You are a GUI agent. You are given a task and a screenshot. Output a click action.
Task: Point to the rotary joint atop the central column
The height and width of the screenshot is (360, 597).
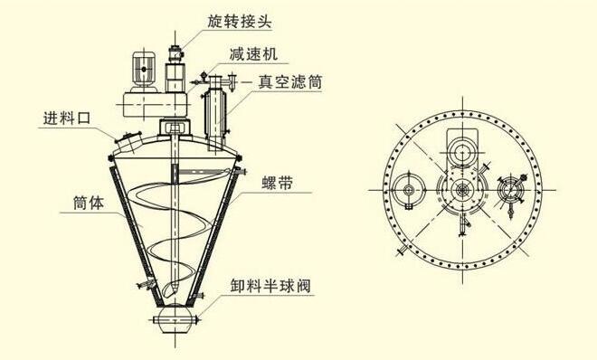click(x=175, y=41)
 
